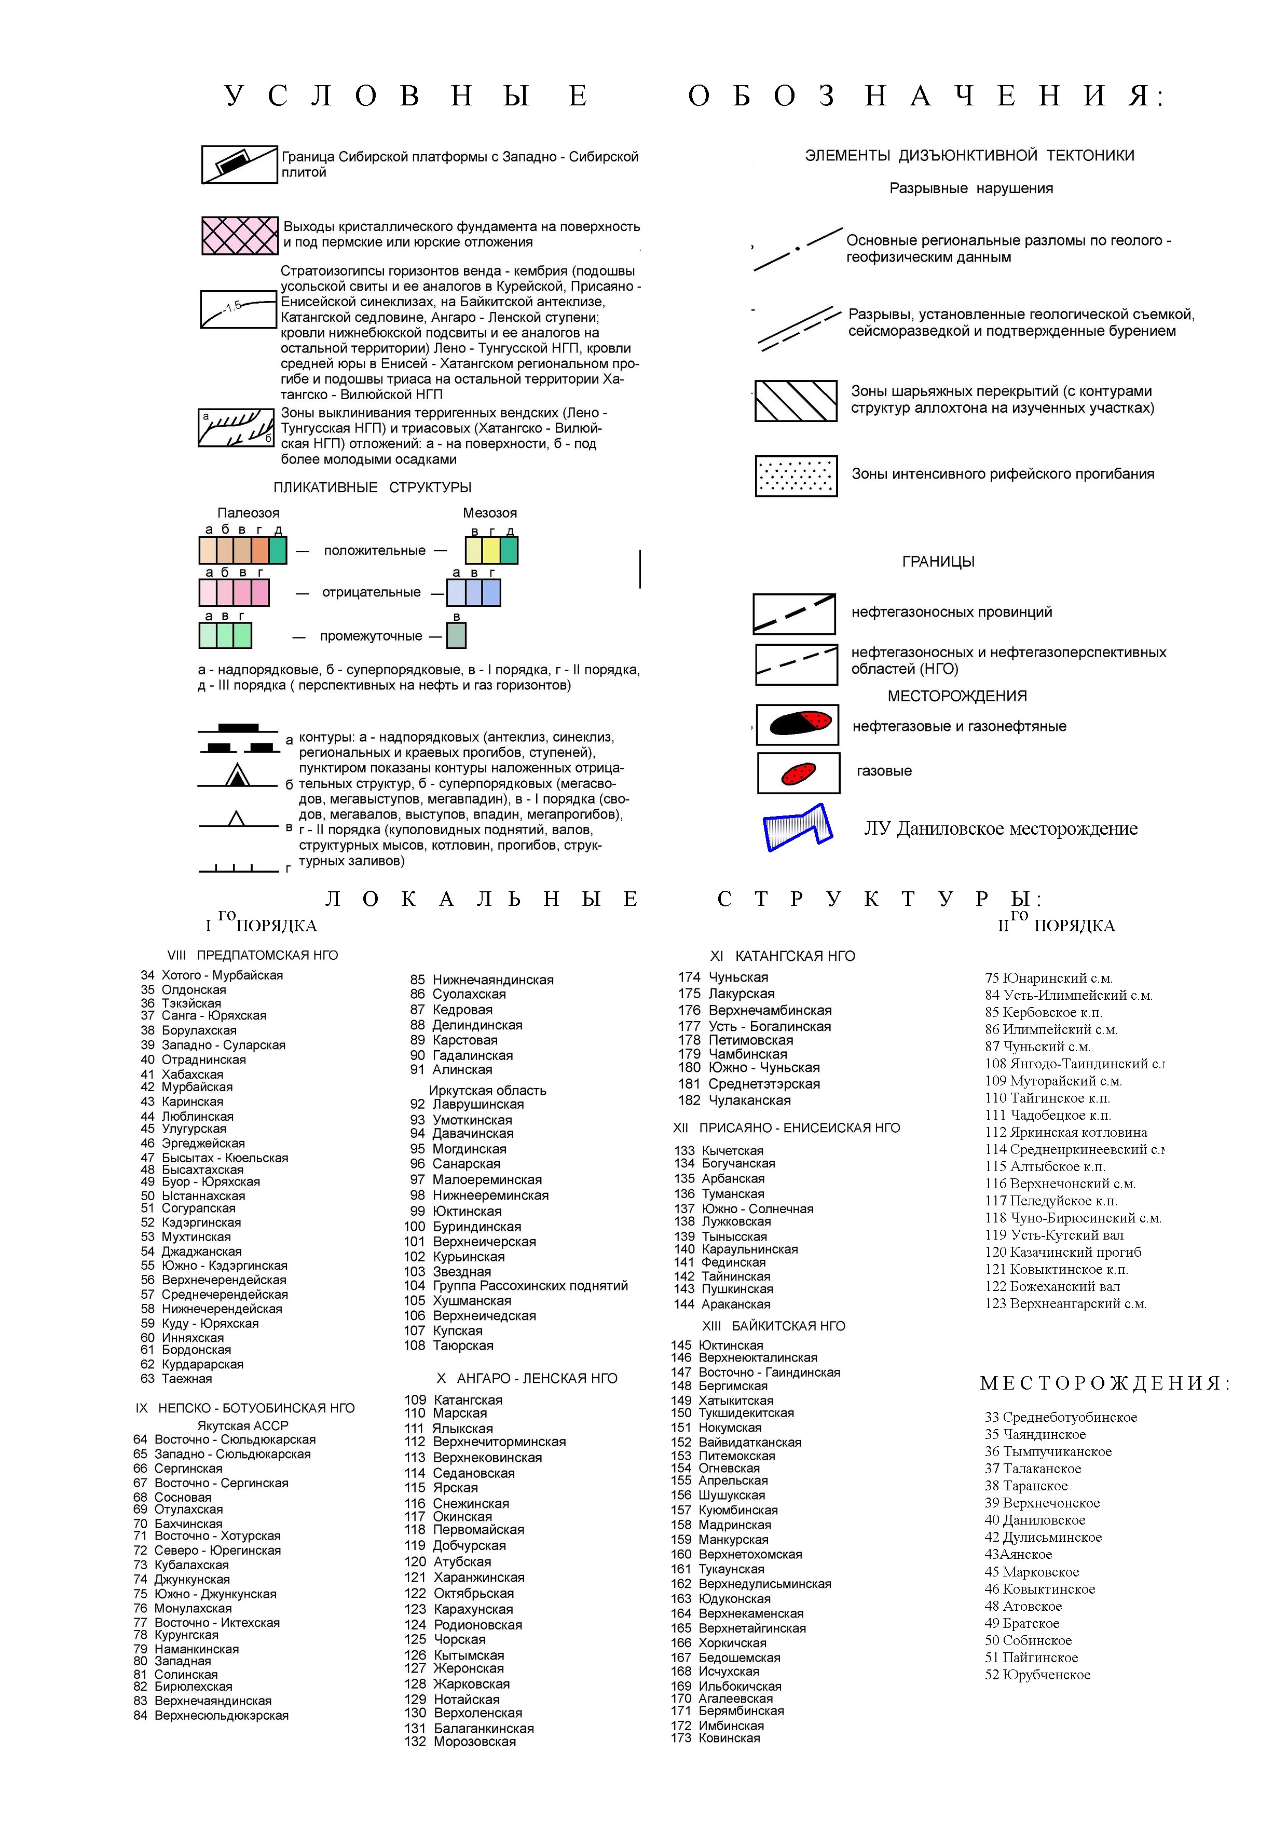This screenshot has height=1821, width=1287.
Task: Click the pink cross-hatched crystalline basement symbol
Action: [x=239, y=236]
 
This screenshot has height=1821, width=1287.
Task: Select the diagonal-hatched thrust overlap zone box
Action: [x=796, y=401]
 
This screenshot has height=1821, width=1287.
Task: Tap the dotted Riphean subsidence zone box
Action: [x=796, y=476]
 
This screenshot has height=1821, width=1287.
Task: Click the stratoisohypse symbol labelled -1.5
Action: [x=238, y=308]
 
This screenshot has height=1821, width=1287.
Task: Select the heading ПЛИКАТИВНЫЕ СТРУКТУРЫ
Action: [x=372, y=488]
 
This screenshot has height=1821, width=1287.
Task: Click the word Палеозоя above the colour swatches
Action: [x=248, y=513]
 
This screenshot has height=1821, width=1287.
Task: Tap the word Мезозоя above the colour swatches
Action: [x=489, y=513]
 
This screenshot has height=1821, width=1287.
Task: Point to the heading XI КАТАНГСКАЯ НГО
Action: [x=782, y=956]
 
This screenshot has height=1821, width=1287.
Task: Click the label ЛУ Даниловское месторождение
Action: [x=1000, y=829]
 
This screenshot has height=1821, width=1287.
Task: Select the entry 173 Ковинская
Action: [x=715, y=1738]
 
